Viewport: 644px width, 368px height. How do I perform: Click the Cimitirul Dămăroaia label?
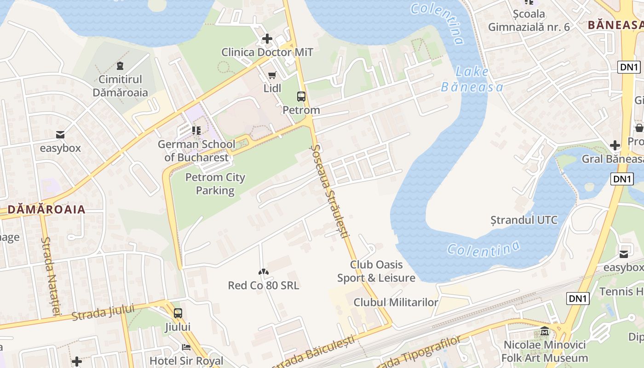pos(120,86)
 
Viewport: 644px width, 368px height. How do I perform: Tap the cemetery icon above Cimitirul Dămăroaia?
pos(120,66)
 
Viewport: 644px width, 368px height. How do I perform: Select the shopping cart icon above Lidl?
pos(272,75)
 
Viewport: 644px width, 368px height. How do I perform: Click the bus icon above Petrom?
pos(301,97)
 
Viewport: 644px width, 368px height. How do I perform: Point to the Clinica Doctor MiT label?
pos(267,52)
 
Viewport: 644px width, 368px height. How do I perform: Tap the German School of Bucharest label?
pos(196,151)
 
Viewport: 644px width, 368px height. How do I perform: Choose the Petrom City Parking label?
pos(215,184)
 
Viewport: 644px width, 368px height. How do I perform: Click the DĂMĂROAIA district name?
pos(46,210)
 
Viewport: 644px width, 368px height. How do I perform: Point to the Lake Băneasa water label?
pos(471,79)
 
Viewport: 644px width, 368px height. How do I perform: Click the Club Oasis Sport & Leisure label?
pos(376,271)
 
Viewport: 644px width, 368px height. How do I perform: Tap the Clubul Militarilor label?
pos(396,302)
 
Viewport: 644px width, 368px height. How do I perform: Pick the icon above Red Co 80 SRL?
pos(263,272)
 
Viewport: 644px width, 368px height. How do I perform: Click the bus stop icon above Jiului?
pos(178,313)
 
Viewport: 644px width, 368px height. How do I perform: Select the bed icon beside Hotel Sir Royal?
pos(186,347)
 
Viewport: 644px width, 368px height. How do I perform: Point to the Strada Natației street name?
pos(51,276)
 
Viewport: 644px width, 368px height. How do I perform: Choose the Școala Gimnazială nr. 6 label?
pos(529,21)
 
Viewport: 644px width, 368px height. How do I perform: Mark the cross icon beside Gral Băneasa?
pos(615,145)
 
